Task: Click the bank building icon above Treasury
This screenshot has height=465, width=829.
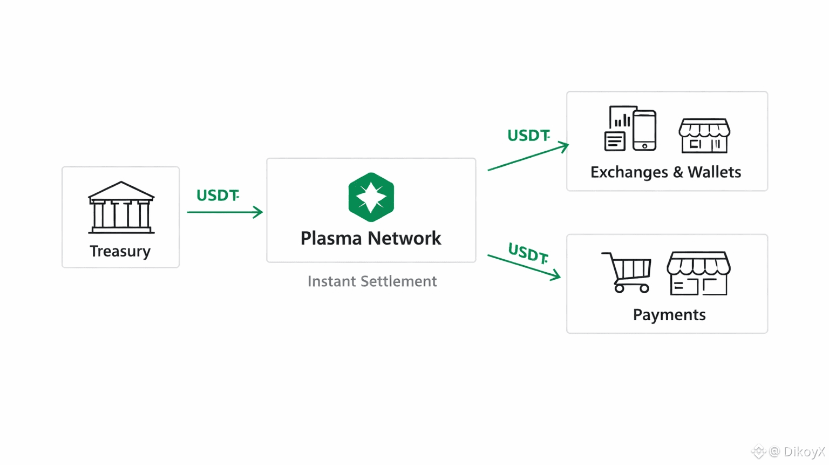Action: [121, 208]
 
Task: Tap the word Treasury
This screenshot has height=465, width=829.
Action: [120, 251]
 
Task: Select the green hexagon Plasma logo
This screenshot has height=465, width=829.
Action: [371, 197]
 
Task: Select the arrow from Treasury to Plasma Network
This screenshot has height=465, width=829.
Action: [225, 212]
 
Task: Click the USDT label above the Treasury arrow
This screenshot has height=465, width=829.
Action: [217, 196]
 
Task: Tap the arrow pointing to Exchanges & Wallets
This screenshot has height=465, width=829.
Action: [528, 157]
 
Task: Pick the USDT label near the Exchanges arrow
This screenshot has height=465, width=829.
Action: [528, 135]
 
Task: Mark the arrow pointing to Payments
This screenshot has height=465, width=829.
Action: [524, 267]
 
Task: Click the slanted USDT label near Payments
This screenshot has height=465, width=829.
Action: [528, 253]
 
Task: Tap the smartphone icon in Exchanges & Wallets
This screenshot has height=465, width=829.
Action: [644, 130]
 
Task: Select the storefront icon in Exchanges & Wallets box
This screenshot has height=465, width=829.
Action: [704, 136]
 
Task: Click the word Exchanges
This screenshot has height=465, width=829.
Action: [629, 172]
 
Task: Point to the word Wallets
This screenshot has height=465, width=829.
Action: [714, 172]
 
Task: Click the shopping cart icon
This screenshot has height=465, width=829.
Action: [627, 272]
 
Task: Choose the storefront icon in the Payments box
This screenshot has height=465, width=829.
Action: [698, 273]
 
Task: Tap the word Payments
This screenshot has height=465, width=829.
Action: [669, 315]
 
